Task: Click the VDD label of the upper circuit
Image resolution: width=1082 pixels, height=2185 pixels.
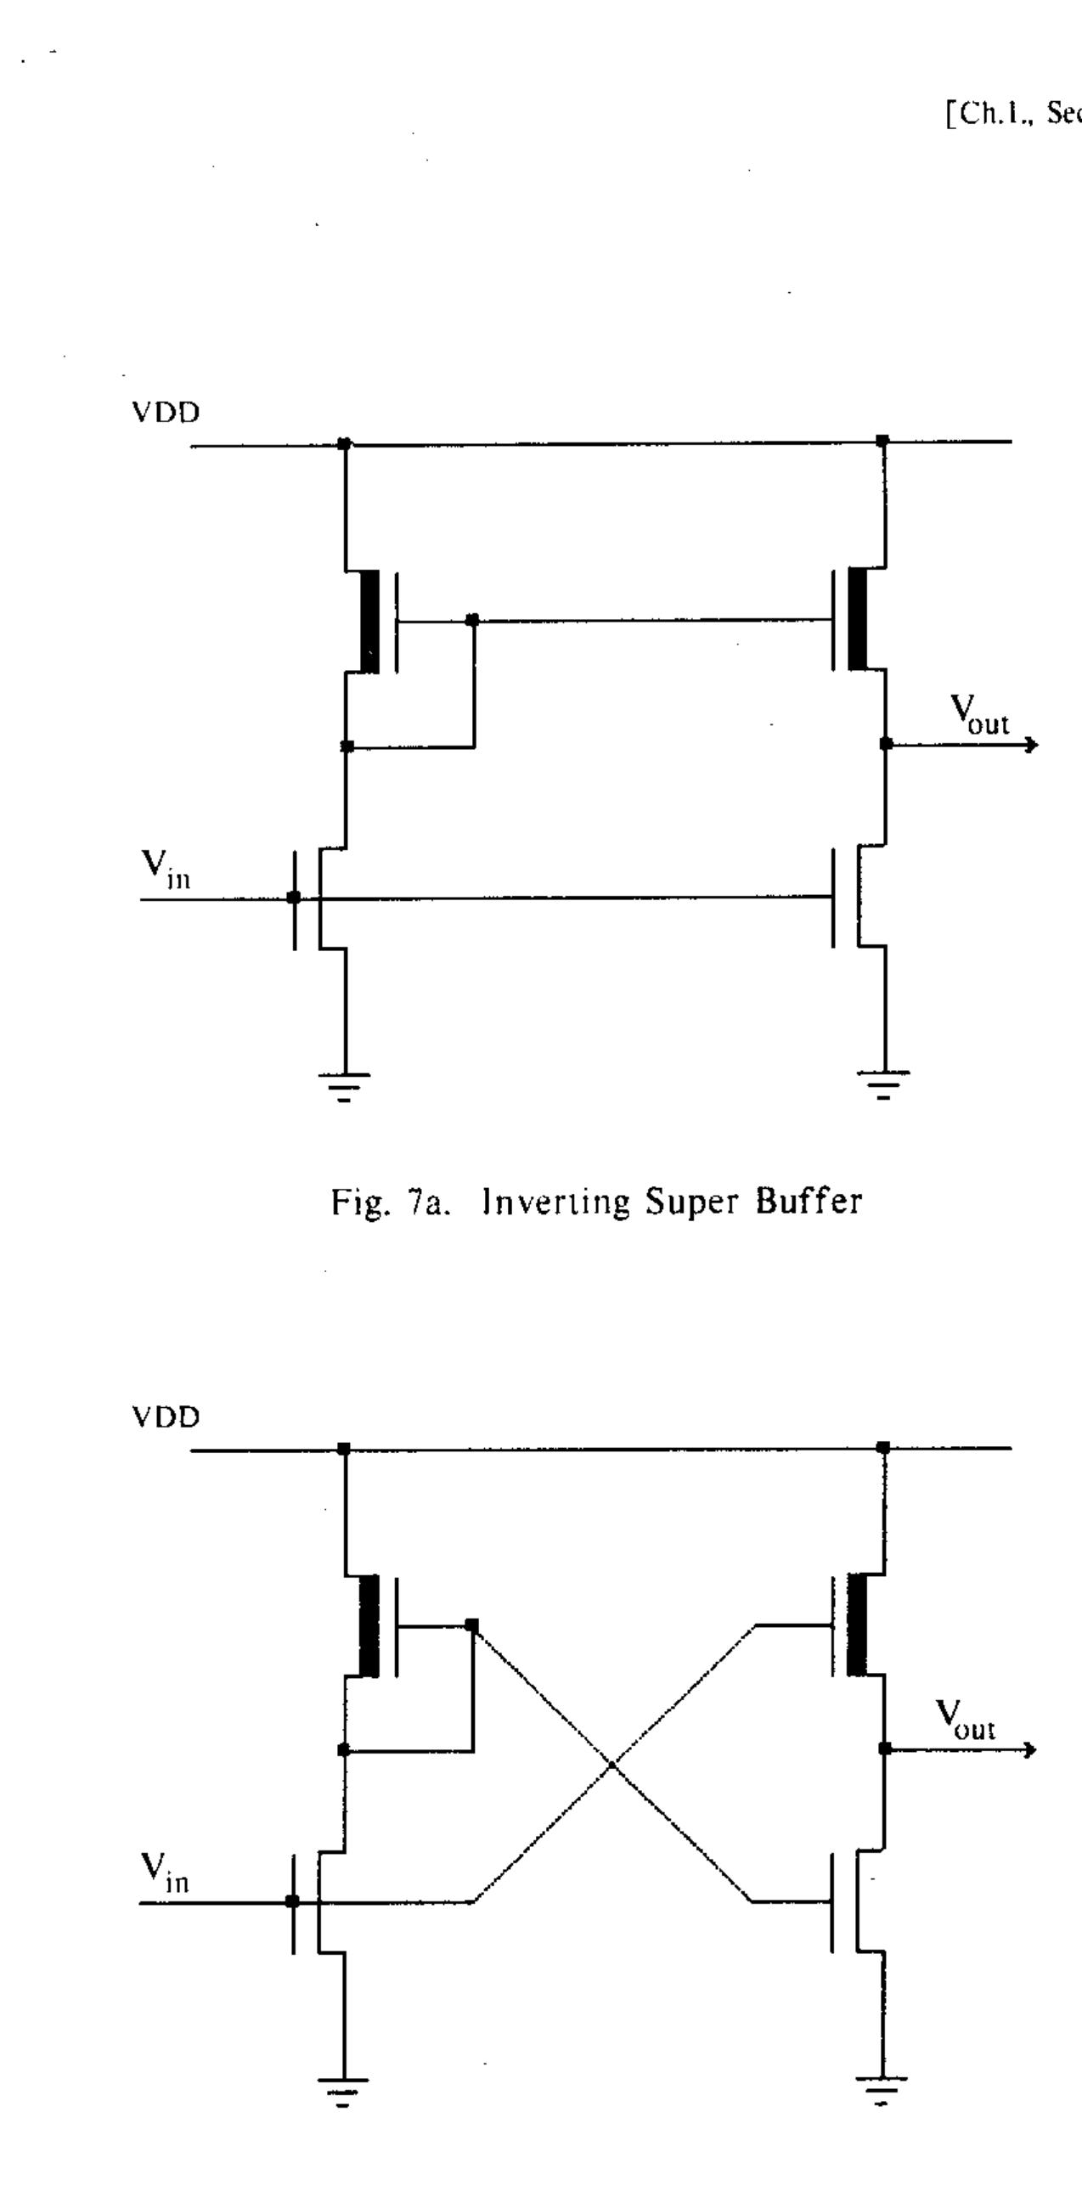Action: [166, 414]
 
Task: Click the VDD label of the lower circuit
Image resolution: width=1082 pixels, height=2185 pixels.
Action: [166, 1417]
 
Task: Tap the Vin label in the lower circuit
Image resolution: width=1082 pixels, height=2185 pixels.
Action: [165, 1872]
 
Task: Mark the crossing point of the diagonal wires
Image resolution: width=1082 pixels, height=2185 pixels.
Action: [611, 1765]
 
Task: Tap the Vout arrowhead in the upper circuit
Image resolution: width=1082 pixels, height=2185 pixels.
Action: [1032, 745]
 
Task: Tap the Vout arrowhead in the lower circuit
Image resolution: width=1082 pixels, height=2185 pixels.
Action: [1031, 1749]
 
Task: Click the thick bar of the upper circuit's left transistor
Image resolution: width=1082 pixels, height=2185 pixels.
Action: [370, 622]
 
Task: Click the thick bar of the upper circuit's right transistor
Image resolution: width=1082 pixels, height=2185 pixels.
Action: [858, 619]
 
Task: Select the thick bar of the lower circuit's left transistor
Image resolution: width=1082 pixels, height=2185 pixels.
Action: [369, 1625]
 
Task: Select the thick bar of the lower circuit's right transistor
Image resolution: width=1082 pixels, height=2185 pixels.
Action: [857, 1624]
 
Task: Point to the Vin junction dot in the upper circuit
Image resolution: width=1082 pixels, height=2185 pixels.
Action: [294, 898]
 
